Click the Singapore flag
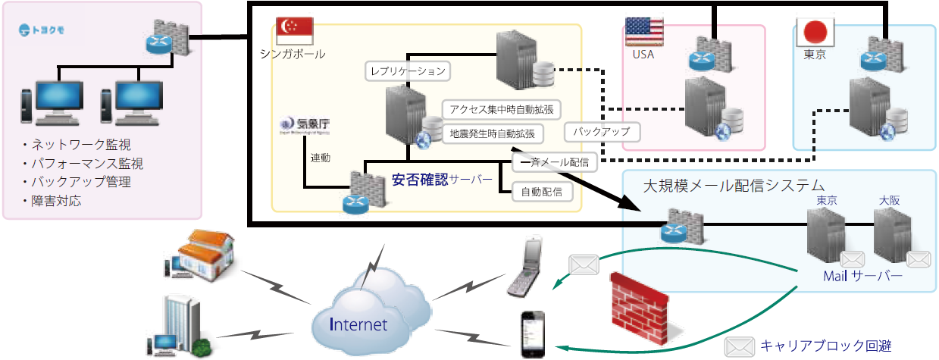[x=295, y=30]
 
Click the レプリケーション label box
[x=408, y=71]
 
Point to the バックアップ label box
[x=603, y=132]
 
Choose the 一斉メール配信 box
[x=552, y=162]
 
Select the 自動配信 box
[x=542, y=192]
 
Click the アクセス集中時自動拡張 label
[x=501, y=109]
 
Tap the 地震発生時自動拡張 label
[x=492, y=133]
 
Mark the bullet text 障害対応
[x=56, y=201]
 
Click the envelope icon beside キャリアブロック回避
[x=740, y=347]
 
